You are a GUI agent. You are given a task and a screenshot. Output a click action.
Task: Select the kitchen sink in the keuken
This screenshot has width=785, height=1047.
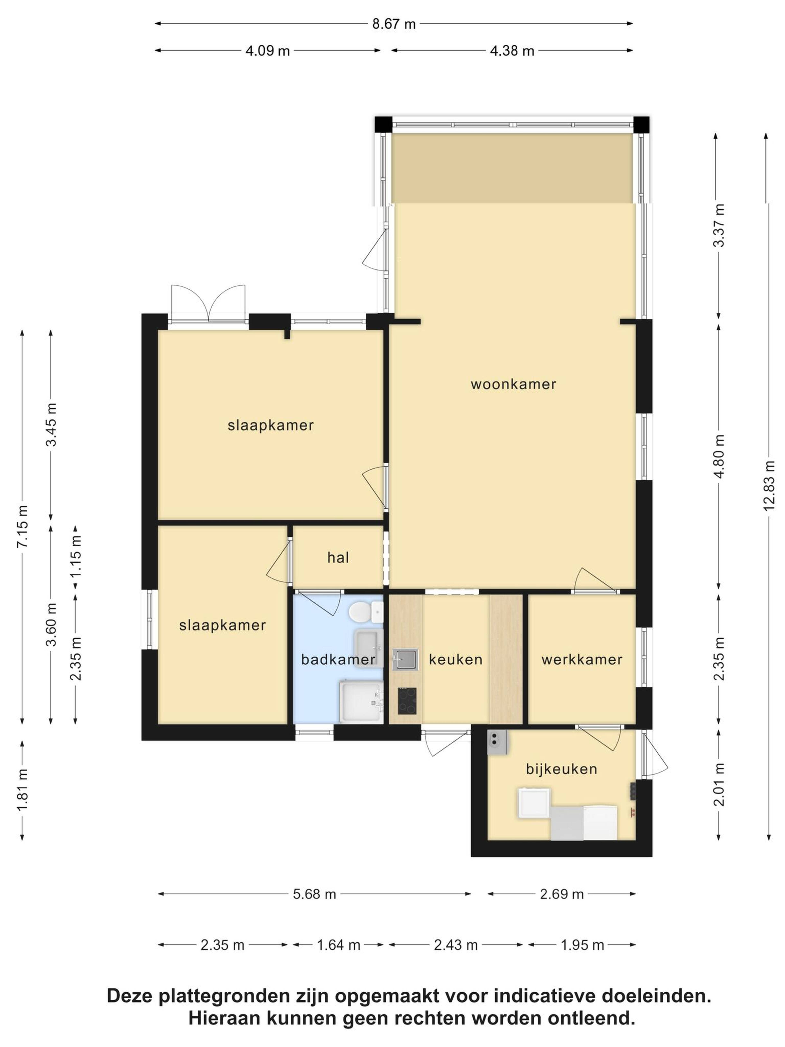pyautogui.click(x=405, y=659)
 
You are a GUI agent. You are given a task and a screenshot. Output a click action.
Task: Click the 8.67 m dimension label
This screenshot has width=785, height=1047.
pyautogui.click(x=394, y=24)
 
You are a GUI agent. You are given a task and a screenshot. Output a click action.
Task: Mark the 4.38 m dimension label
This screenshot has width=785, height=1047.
pyautogui.click(x=512, y=51)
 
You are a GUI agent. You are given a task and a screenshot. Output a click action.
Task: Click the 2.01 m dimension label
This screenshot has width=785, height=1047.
pyautogui.click(x=719, y=784)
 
